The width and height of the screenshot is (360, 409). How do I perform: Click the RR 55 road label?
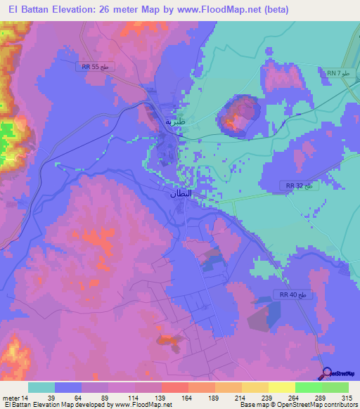(94, 66)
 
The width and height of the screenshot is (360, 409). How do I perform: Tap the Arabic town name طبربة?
(174, 120)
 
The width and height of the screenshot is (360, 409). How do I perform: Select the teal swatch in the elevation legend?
(41, 387)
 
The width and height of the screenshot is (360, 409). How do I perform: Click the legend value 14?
(25, 397)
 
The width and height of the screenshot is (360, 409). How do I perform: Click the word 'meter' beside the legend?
(11, 397)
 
